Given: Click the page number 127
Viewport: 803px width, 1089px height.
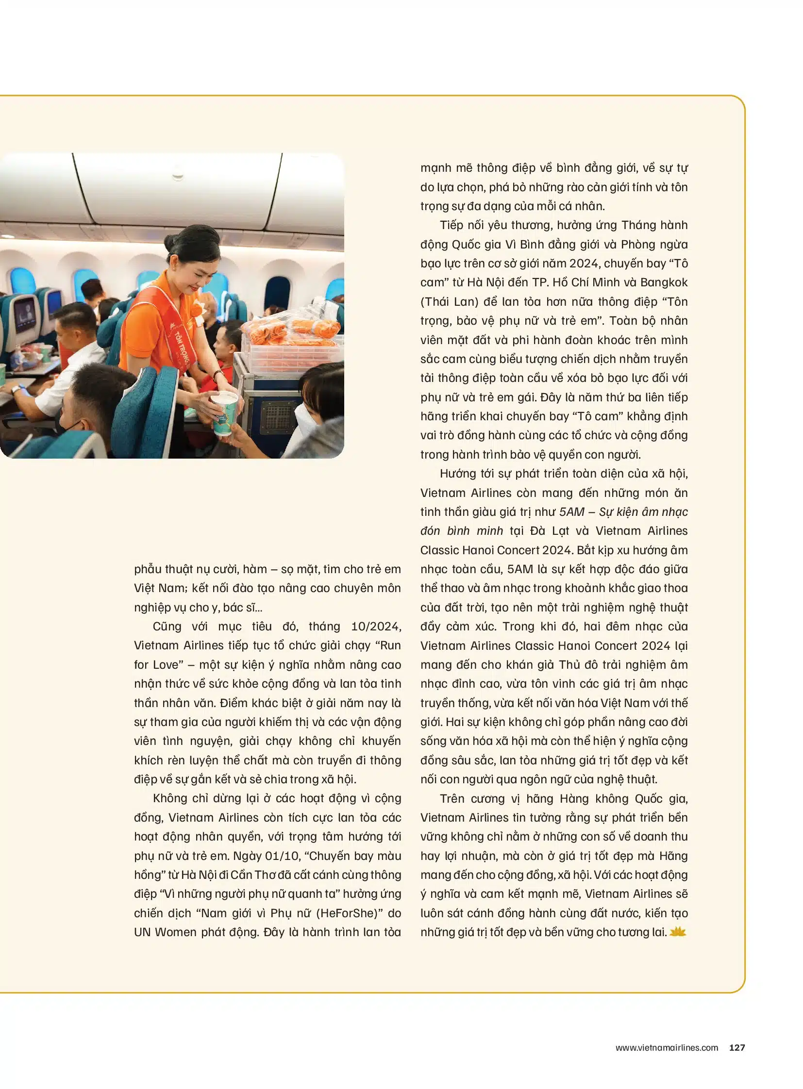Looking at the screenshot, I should pos(737,1048).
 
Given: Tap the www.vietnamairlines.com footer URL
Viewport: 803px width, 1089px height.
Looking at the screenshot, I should pos(667,1048).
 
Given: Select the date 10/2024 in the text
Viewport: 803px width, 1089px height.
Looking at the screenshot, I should pos(376,627).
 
